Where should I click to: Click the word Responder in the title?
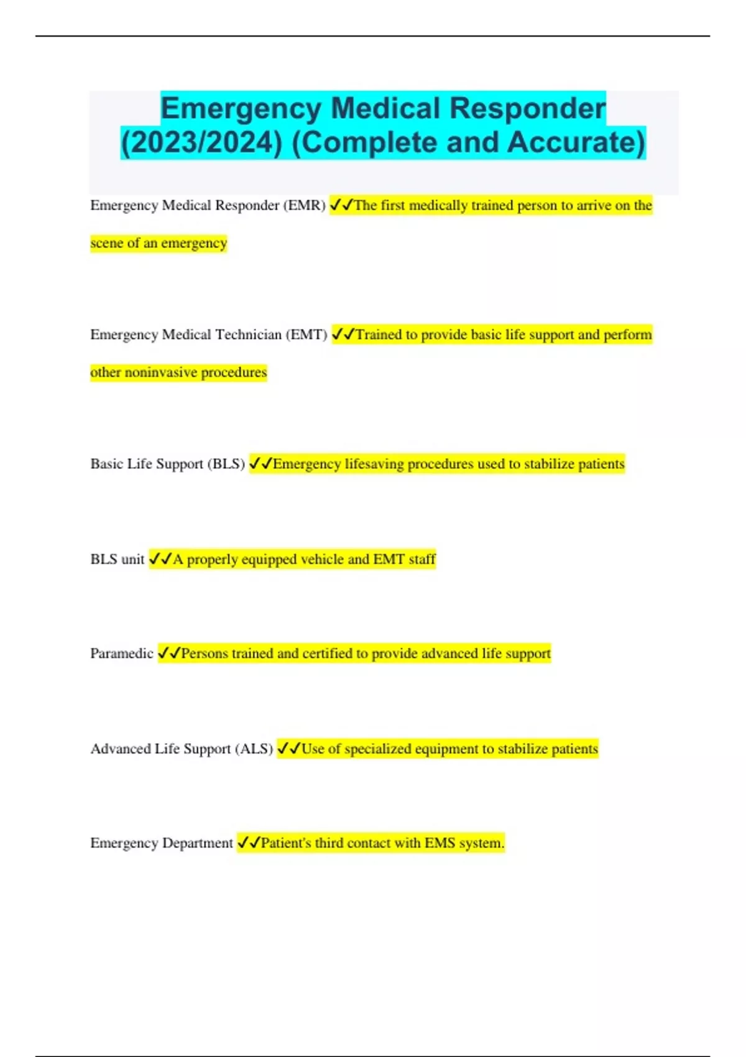click(527, 109)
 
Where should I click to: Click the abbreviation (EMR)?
click(304, 206)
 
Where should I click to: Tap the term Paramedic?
click(121, 653)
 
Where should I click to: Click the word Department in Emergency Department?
click(197, 844)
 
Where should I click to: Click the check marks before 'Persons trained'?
click(168, 653)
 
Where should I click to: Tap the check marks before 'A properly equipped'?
click(160, 560)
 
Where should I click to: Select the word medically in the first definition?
click(438, 206)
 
